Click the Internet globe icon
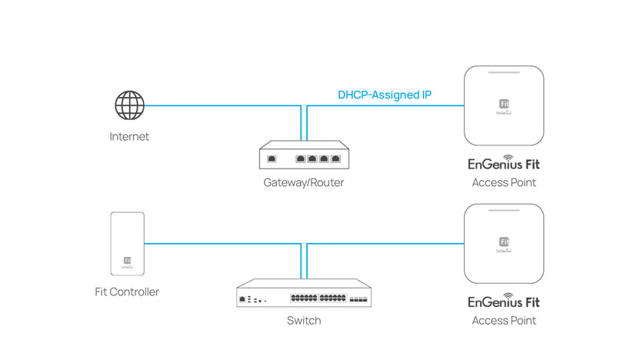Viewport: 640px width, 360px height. tap(129, 105)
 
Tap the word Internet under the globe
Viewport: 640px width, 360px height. tap(129, 137)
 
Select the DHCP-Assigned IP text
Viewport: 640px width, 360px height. tap(385, 95)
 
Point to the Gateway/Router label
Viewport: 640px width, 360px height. tap(304, 183)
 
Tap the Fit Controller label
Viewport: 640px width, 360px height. tap(128, 292)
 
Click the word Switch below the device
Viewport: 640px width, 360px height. tap(304, 320)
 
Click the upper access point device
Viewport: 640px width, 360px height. tap(504, 105)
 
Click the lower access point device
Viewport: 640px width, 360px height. tap(504, 244)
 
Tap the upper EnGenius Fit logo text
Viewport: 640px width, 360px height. tap(504, 163)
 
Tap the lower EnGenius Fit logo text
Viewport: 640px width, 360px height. tap(504, 301)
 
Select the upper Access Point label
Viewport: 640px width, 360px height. tap(504, 183)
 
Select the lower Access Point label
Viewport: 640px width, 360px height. tap(504, 320)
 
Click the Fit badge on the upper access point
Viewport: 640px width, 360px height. tap(504, 104)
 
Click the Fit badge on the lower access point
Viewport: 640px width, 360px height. tap(504, 242)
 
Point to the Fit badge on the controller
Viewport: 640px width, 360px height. tap(128, 261)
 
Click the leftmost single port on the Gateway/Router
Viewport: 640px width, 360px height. tap(272, 160)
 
